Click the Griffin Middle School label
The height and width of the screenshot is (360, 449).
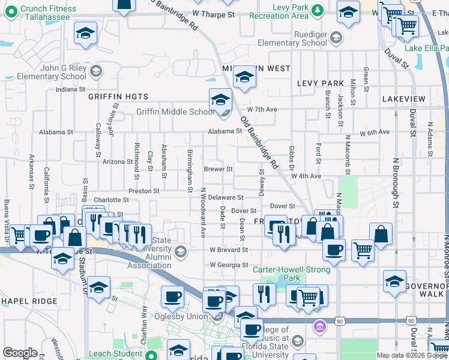(175, 112)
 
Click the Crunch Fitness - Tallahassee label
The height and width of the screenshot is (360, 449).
(48, 13)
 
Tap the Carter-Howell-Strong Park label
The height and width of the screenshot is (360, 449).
(284, 274)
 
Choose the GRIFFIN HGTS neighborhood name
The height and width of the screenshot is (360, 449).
(113, 96)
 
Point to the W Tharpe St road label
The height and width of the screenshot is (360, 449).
(212, 14)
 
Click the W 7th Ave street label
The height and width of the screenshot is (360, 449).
(262, 110)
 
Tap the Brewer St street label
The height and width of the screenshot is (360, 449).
(218, 169)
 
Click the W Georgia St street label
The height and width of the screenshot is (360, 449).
(229, 265)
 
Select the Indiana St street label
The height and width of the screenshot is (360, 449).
(71, 89)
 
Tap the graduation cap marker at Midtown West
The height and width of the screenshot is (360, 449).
(244, 77)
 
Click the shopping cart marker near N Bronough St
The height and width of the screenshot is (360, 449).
(363, 250)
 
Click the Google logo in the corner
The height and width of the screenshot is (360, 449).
(20, 353)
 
